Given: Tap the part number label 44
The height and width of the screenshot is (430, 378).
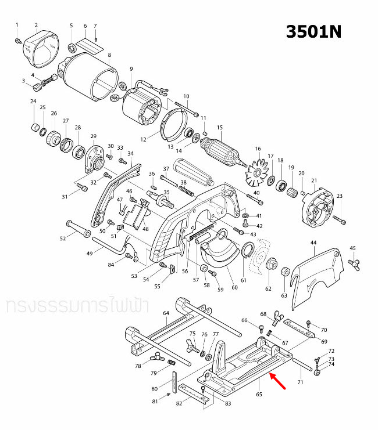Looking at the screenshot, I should pyautogui.click(x=313, y=242).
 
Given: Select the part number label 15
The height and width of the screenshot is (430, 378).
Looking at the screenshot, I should pyautogui.click(x=220, y=128).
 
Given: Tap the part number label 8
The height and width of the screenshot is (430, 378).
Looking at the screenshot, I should pyautogui.click(x=109, y=55).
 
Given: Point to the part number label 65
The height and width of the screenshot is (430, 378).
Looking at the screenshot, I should pyautogui.click(x=259, y=395).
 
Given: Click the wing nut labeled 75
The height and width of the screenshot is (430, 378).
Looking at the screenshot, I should pyautogui.click(x=193, y=348).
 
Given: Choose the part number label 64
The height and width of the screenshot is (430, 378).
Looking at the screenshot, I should pyautogui.click(x=166, y=313).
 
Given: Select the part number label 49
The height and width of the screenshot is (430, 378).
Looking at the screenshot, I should pyautogui.click(x=90, y=253).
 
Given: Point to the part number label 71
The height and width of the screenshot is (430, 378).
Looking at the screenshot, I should pyautogui.click(x=300, y=383).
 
